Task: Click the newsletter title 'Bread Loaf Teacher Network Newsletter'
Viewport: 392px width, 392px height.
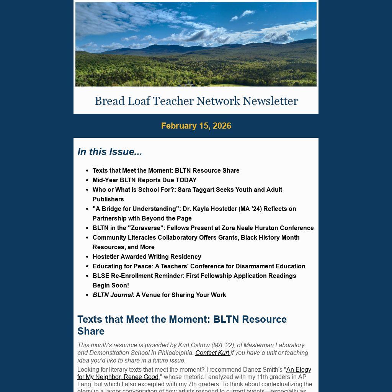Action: tap(196, 101)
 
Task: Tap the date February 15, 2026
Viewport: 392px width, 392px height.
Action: tap(196, 126)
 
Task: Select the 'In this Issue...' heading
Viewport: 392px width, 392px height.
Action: tap(109, 152)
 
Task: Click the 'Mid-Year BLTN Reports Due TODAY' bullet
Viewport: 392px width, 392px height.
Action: tap(144, 180)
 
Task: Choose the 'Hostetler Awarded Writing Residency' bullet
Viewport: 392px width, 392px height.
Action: tap(147, 256)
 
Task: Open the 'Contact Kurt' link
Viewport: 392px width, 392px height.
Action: tap(212, 353)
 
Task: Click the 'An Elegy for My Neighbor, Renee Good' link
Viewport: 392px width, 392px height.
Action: tap(299, 369)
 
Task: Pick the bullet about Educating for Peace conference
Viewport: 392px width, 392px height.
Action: tap(199, 266)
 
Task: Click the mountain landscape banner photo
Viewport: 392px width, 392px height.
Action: tap(196, 44)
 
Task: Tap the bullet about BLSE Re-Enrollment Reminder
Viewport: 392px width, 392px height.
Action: tap(194, 276)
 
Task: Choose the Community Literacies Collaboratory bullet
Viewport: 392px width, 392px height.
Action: tap(196, 237)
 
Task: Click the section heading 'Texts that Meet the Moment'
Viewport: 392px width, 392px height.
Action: tap(182, 319)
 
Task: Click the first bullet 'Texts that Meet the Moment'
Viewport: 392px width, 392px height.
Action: tap(166, 170)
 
